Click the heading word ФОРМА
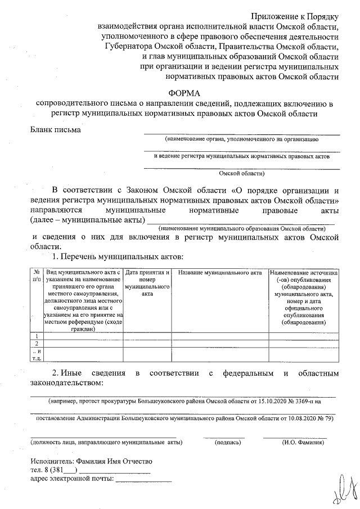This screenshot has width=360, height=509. click(x=184, y=93)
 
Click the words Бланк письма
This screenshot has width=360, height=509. click(x=55, y=130)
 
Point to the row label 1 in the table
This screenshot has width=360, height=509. click(x=37, y=336)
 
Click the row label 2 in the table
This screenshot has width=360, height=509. click(x=37, y=343)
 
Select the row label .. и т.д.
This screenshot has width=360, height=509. click(x=37, y=354)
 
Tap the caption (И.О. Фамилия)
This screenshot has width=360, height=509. click(x=302, y=443)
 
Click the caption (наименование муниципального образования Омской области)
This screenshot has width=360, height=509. click(x=241, y=229)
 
